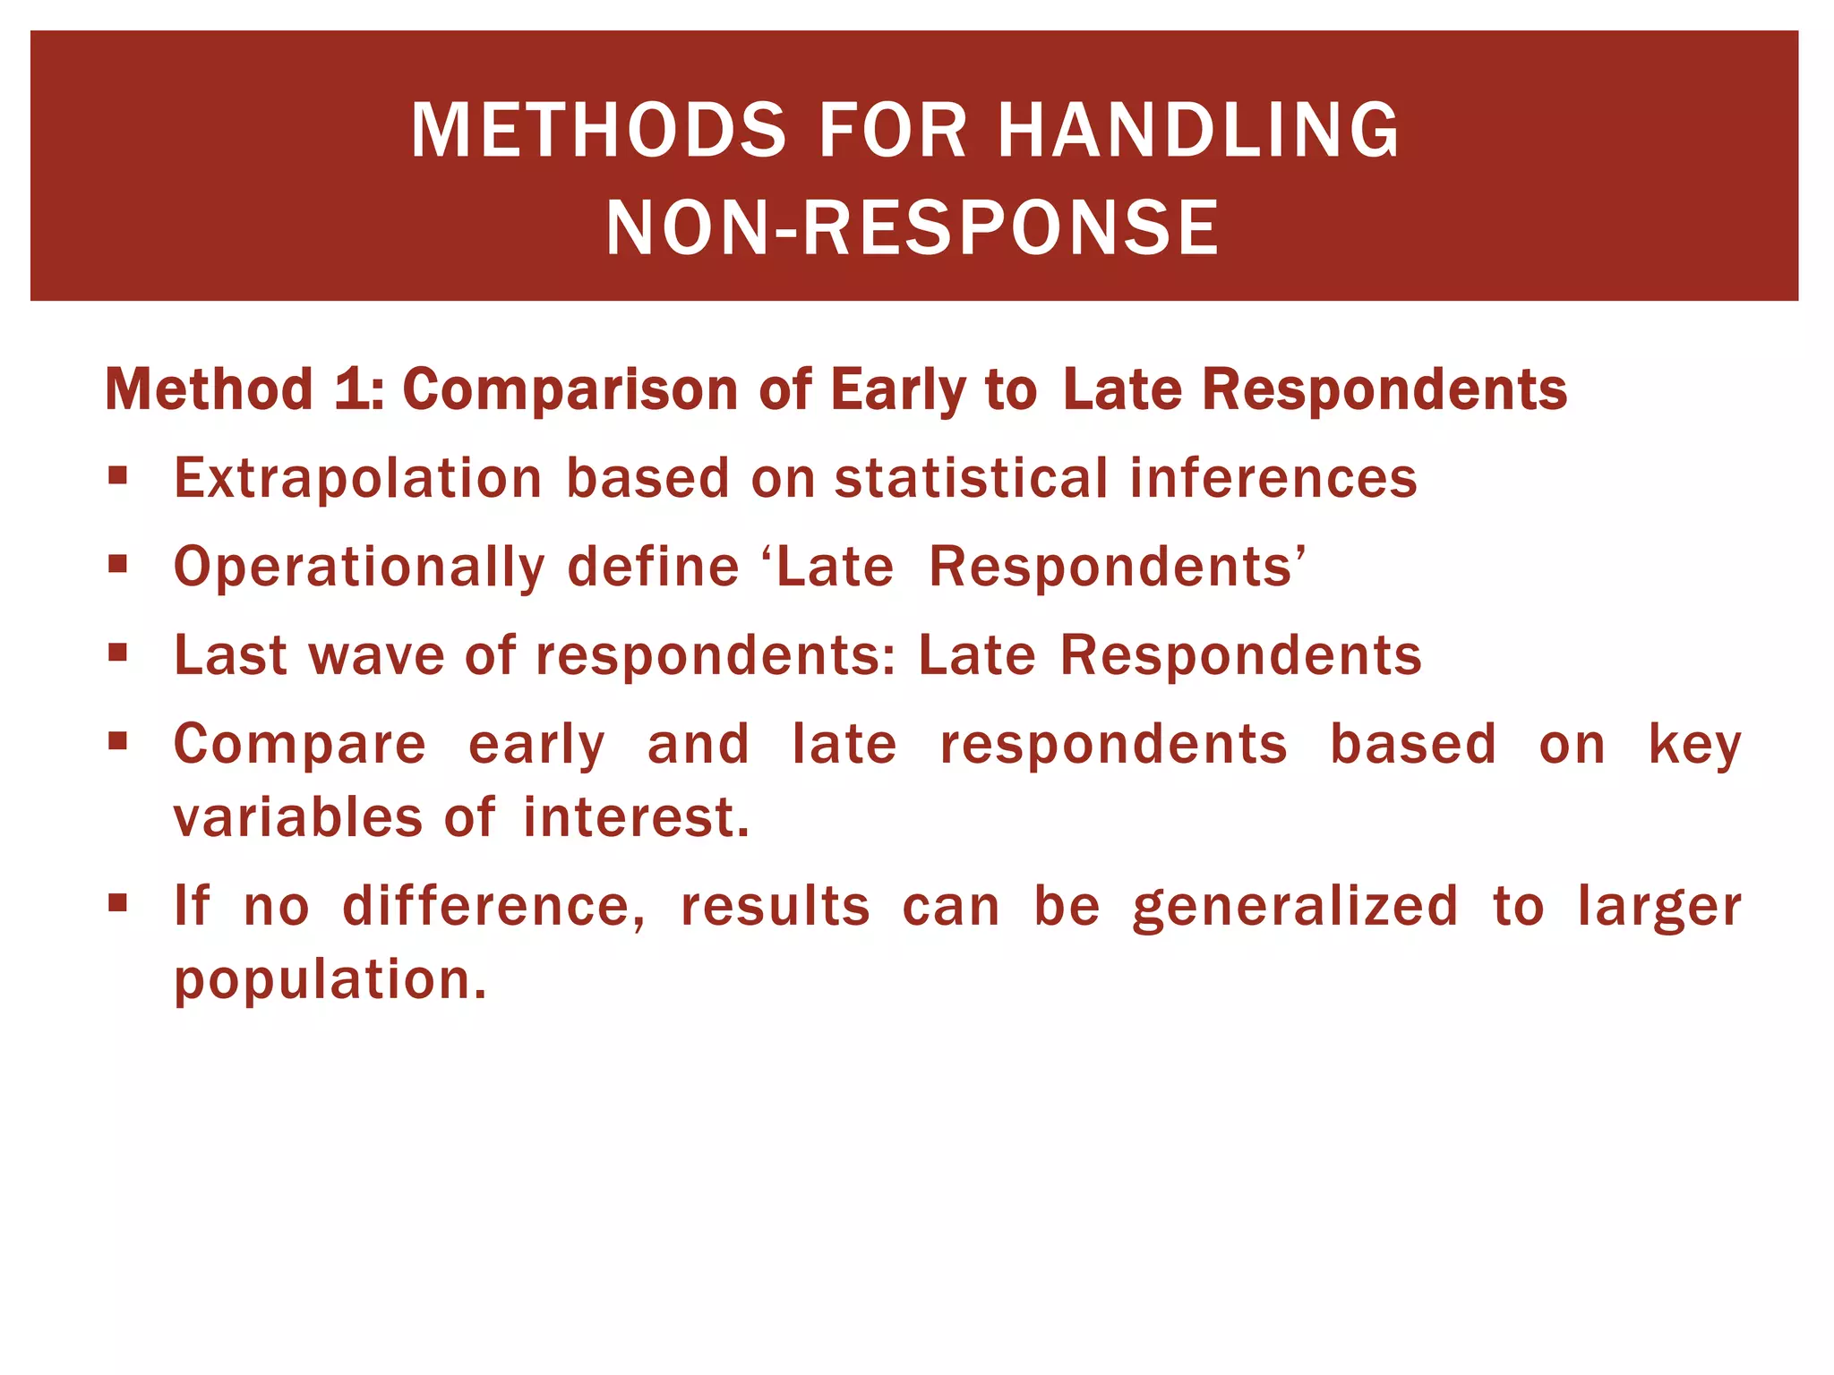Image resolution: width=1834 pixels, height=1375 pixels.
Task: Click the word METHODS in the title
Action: [598, 131]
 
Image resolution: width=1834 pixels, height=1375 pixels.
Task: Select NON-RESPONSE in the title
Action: [913, 229]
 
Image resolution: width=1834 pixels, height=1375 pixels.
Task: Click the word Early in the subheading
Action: [897, 390]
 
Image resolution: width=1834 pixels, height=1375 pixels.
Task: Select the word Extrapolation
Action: [358, 478]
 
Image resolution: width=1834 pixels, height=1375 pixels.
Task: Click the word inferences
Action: [1273, 478]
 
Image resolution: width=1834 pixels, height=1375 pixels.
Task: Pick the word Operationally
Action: [359, 568]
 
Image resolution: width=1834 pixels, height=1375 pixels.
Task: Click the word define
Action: [653, 568]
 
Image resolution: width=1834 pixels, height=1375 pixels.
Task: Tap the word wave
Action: [376, 655]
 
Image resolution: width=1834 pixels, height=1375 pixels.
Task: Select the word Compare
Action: [300, 745]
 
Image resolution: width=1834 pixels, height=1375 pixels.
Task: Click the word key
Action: [1694, 745]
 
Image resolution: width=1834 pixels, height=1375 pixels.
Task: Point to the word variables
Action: [297, 818]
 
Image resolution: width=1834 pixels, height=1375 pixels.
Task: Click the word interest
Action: [636, 818]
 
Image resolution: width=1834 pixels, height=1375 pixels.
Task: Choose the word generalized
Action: [1295, 907]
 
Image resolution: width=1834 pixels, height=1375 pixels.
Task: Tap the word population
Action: [330, 979]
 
